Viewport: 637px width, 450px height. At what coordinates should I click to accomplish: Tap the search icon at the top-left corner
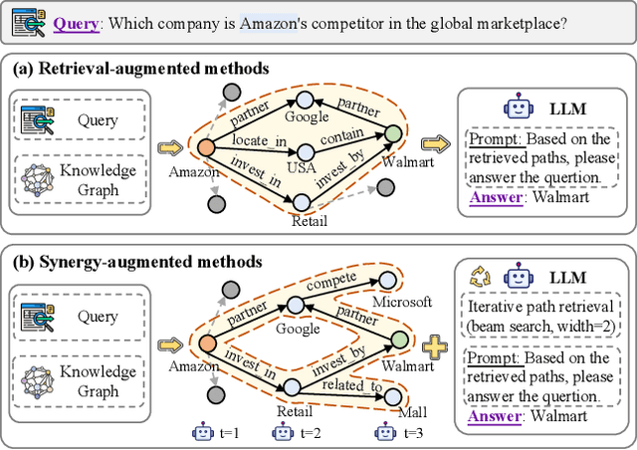pos(30,20)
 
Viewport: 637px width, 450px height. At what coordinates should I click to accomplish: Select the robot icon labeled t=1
pos(202,433)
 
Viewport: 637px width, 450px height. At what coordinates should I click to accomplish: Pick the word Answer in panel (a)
pos(495,196)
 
